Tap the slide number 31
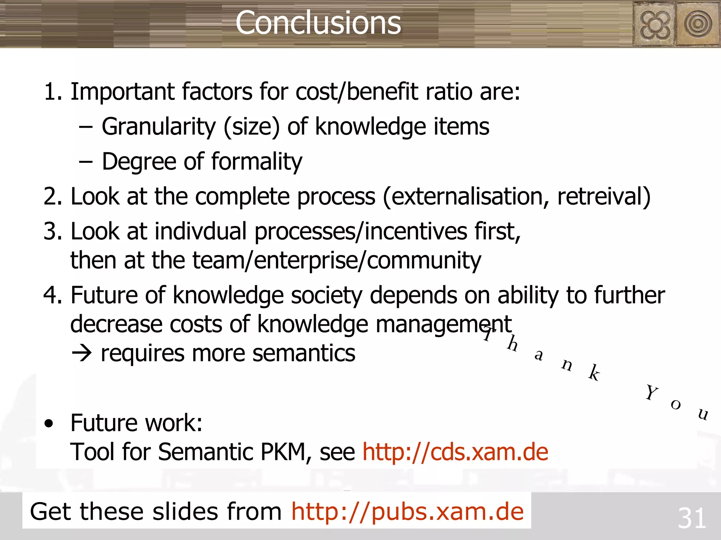pos(692,518)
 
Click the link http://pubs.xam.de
pos(407,512)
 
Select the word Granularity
pos(158,127)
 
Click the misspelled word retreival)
pos(604,196)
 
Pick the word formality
pos(257,162)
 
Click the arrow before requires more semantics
pos(82,354)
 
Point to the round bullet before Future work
pos(49,424)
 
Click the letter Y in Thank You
pos(651,392)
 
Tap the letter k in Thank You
pos(595,373)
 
